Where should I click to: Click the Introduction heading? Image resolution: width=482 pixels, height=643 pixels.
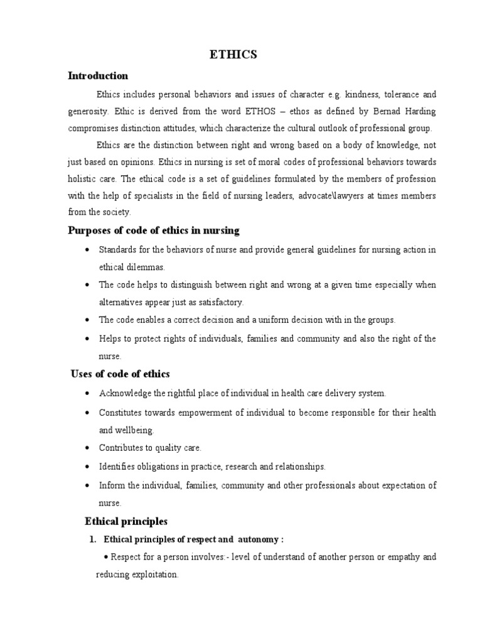click(97, 76)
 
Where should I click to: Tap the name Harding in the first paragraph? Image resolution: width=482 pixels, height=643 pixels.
click(418, 111)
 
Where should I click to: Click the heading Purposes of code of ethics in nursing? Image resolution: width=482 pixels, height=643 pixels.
click(153, 230)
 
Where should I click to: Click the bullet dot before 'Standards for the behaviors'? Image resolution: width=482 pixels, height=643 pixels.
click(85, 249)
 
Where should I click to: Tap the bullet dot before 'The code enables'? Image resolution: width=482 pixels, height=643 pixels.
click(85, 320)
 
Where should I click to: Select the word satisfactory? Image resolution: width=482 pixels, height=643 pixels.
click(220, 302)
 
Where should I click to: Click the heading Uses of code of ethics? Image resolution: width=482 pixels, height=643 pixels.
click(120, 374)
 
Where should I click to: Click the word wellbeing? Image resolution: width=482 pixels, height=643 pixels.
click(134, 431)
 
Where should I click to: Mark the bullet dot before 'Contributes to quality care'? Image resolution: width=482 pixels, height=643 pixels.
click(85, 448)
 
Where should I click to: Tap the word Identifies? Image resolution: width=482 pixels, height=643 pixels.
click(117, 467)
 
